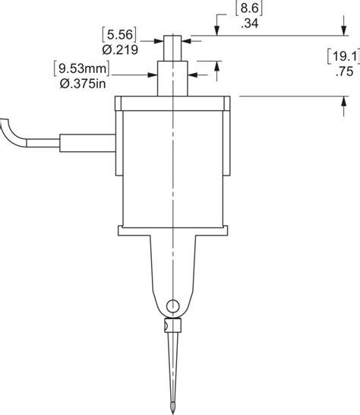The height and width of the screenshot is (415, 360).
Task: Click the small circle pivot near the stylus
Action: (x=174, y=306)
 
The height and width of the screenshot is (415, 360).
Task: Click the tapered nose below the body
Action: (x=174, y=266)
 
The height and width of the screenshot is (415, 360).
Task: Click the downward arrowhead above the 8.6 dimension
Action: (x=217, y=30)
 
